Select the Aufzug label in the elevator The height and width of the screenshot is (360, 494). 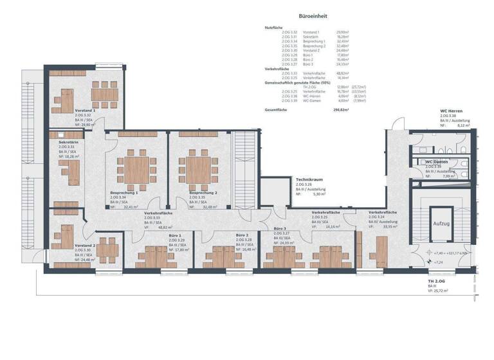(441, 222)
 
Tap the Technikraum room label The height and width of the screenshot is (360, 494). (308, 179)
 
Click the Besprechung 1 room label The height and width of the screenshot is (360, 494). (124, 193)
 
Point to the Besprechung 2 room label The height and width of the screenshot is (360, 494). (203, 193)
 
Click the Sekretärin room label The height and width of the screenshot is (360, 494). (68, 141)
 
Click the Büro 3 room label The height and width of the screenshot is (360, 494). (280, 228)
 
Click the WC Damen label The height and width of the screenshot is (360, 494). (437, 161)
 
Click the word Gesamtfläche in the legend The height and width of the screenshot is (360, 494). (276, 111)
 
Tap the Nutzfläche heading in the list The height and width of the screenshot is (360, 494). (273, 28)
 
